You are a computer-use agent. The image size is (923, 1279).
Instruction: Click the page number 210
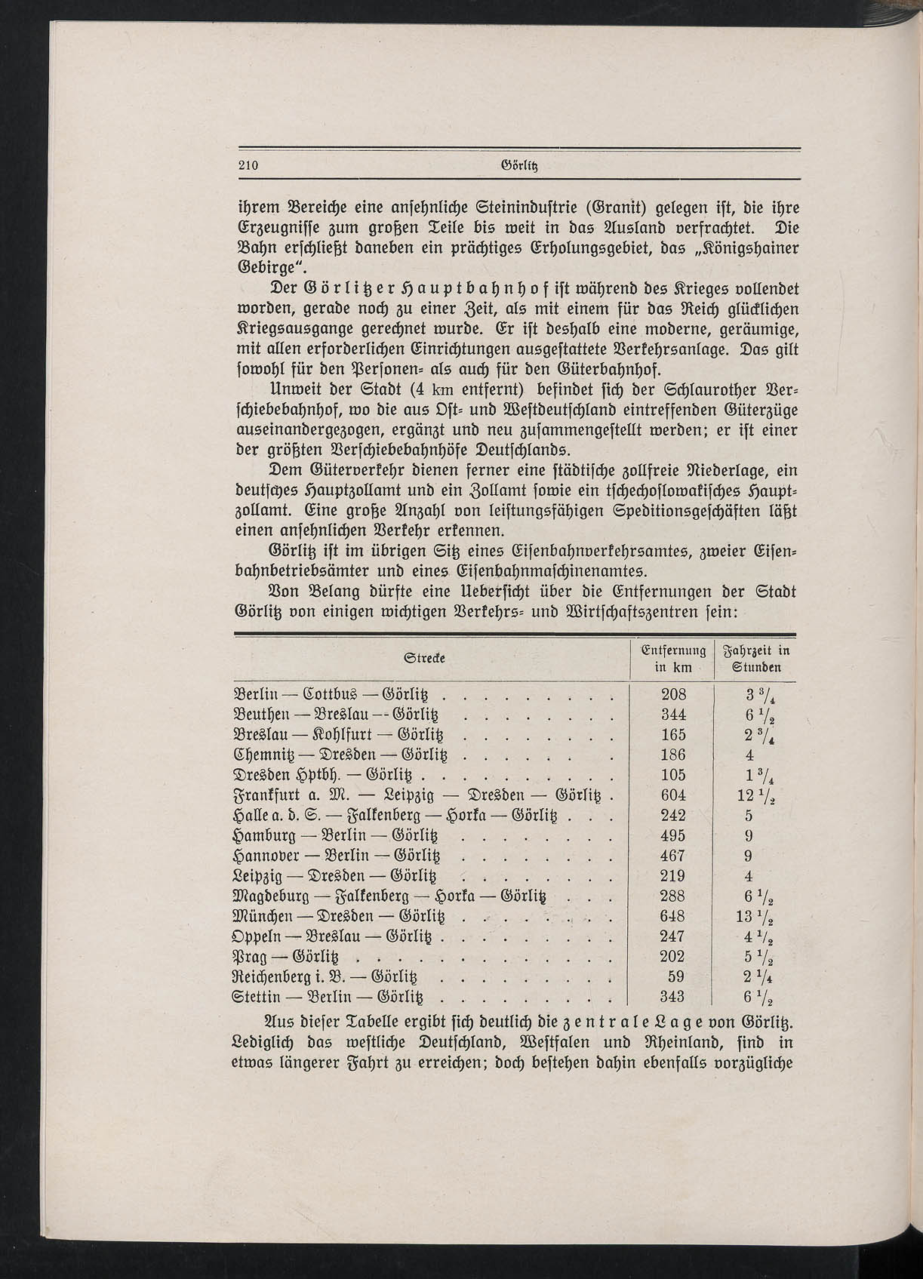point(248,166)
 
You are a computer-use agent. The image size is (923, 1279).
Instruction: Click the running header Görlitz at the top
point(519,166)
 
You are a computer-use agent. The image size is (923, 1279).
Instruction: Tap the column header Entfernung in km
point(672,659)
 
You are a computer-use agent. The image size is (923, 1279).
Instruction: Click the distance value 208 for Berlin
point(672,694)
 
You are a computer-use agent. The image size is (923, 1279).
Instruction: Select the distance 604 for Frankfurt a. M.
point(672,795)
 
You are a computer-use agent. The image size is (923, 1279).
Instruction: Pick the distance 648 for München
point(672,916)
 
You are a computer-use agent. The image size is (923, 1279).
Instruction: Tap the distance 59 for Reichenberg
point(676,976)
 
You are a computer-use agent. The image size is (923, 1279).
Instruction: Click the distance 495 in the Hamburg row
point(672,835)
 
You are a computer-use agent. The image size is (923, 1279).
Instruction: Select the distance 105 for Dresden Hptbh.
point(672,775)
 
